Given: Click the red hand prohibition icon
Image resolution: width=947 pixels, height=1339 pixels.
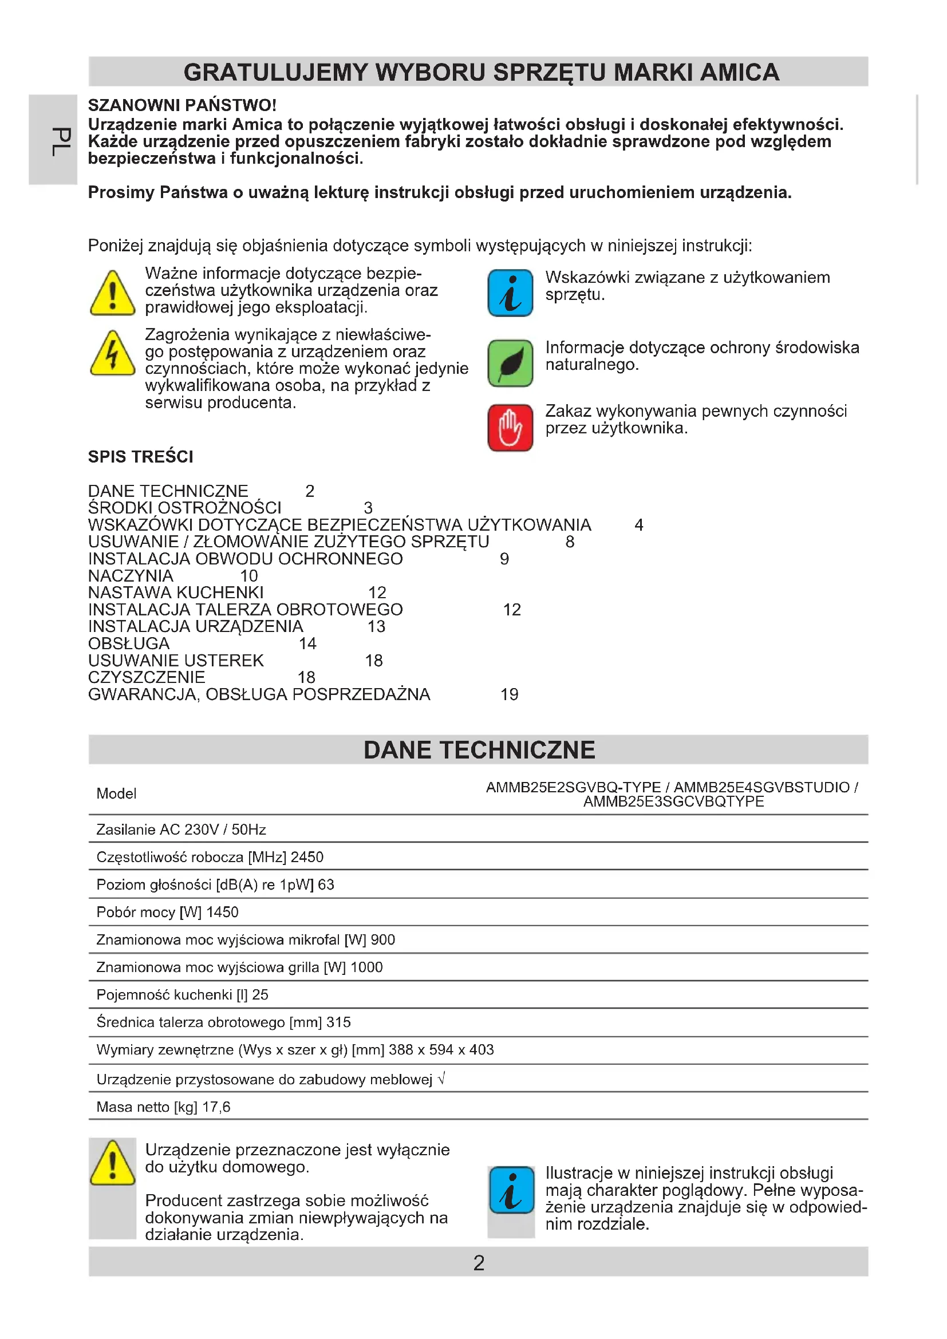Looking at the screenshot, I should [x=510, y=428].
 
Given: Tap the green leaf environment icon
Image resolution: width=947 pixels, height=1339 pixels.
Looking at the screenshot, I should [x=510, y=363].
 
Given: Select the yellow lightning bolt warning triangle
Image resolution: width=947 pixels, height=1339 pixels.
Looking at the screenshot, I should [x=113, y=353].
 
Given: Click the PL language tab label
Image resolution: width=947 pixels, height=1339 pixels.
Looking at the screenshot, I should [x=60, y=142].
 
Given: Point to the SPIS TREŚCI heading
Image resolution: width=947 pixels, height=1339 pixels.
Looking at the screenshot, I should [x=140, y=457].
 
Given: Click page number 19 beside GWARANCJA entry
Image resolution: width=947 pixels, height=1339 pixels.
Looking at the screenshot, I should [x=509, y=694].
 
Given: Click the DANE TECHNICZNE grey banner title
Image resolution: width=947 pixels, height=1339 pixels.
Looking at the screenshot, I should [x=479, y=750].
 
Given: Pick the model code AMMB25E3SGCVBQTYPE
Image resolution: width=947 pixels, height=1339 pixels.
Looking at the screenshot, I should [x=673, y=801].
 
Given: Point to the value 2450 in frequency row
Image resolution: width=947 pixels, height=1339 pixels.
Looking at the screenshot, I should [x=307, y=857].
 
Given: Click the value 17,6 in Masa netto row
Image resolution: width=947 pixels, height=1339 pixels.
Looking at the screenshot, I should [x=216, y=1107].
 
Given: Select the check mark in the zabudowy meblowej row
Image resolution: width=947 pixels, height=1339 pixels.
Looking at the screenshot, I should [x=441, y=1079].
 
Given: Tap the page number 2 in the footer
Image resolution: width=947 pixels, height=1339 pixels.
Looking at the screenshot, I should [x=479, y=1263].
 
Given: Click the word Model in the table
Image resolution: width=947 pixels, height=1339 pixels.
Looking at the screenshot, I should [x=117, y=793].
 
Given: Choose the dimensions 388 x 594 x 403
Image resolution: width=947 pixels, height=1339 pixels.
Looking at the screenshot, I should [x=441, y=1050].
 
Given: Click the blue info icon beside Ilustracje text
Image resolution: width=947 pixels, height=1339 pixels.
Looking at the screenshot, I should [x=511, y=1190].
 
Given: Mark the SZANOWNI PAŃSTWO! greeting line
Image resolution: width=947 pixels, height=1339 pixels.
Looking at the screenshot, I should [x=182, y=105].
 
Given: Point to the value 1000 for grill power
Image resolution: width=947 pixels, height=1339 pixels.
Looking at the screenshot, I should [x=366, y=967].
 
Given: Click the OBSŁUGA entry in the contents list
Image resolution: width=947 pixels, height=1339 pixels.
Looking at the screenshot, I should [x=129, y=643].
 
